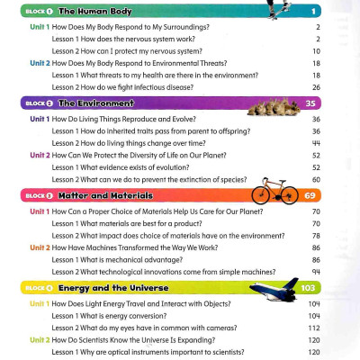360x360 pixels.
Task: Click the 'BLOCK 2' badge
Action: [38, 104]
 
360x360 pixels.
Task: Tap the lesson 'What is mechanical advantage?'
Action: [126, 259]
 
